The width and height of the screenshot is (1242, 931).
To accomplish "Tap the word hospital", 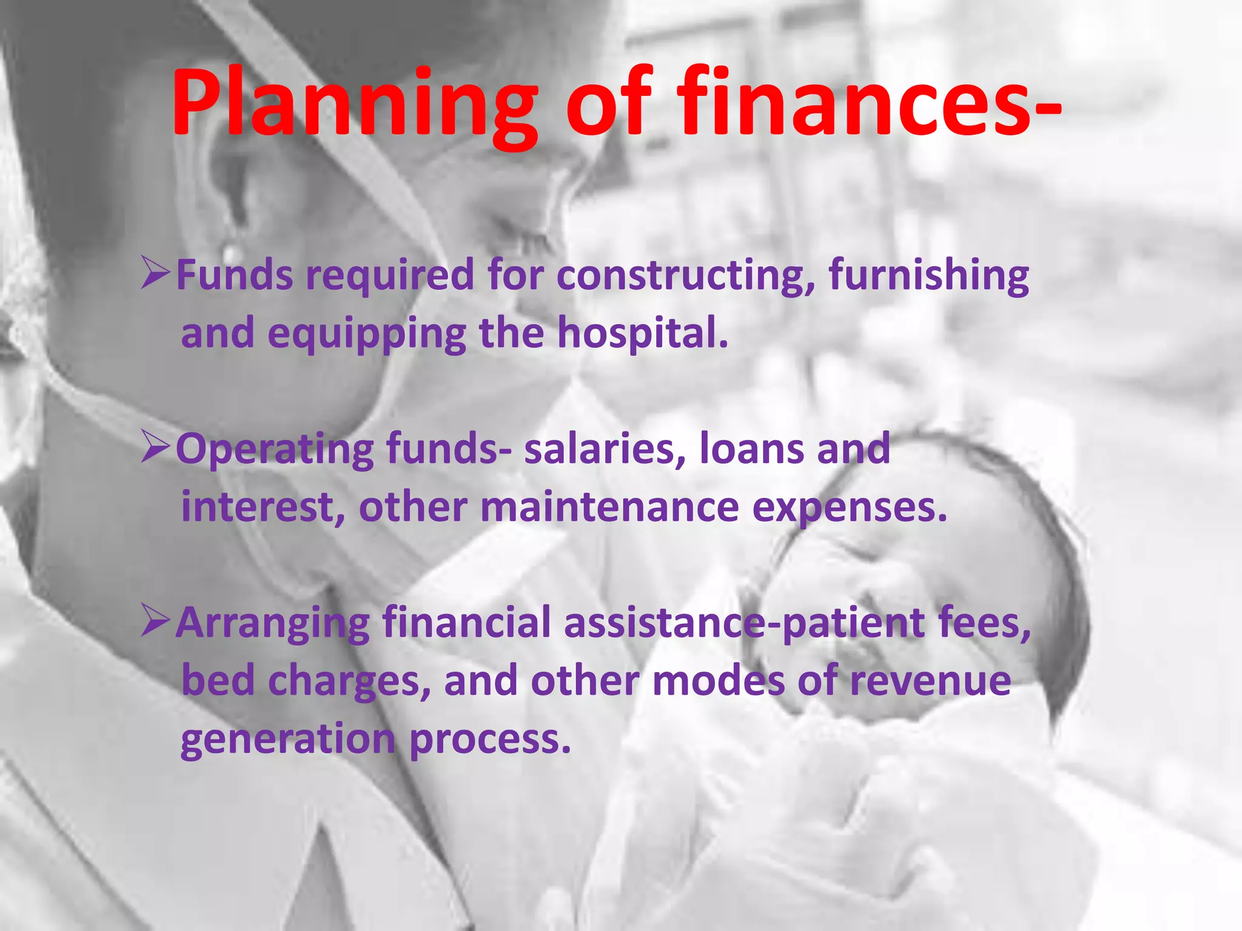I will [x=642, y=333].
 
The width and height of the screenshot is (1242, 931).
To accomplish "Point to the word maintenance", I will [x=609, y=507].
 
